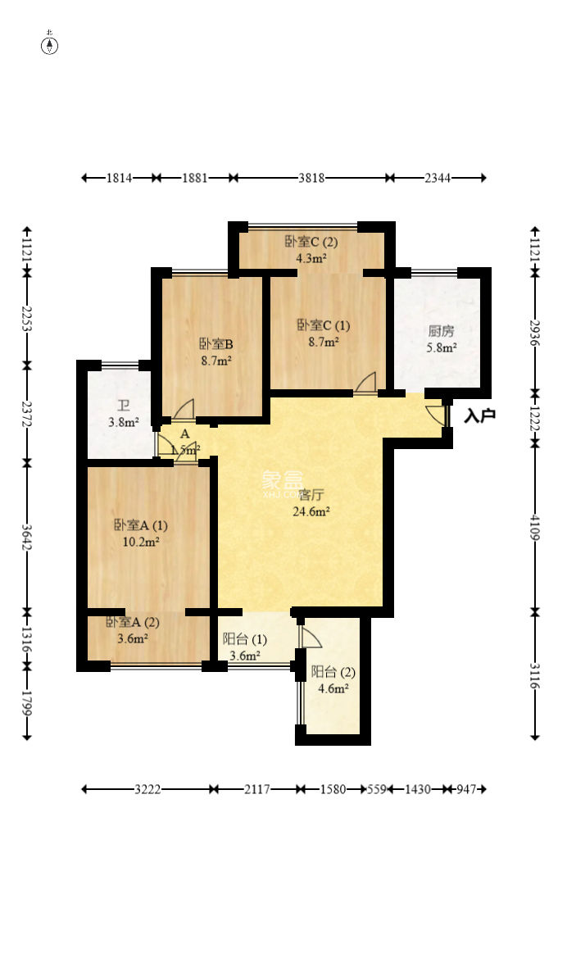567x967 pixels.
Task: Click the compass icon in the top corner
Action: coord(50,45)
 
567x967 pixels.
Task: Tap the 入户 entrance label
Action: coord(479,416)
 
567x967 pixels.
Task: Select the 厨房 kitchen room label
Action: coord(441,332)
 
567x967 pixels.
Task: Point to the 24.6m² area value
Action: coord(311,512)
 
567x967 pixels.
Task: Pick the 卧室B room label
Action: coord(216,344)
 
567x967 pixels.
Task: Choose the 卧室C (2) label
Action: coord(311,242)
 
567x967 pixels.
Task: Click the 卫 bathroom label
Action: coord(123,406)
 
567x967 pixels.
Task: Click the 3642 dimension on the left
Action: coord(28,538)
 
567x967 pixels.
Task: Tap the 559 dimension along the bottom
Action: coord(376,789)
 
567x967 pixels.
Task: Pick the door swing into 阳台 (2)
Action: coord(310,638)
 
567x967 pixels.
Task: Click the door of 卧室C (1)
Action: coord(365,384)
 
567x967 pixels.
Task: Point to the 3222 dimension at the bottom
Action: coord(147,789)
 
